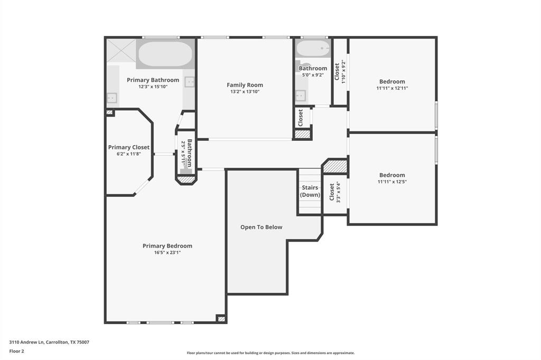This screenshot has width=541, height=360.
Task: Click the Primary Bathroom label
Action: [x=153, y=80]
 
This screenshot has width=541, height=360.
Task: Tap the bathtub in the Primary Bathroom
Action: [x=165, y=54]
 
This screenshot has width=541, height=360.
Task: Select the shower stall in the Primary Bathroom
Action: [x=121, y=51]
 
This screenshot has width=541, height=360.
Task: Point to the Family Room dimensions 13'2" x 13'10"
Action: [x=245, y=92]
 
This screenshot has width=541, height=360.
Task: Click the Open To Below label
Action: [x=261, y=228]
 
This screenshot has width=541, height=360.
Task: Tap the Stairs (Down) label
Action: [x=310, y=191]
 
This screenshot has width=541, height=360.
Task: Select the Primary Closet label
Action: [x=129, y=147]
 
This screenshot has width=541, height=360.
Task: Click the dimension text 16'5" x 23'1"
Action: [x=167, y=253]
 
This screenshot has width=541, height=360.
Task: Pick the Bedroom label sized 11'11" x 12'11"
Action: [x=392, y=82]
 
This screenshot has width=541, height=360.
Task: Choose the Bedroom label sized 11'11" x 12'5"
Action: [x=392, y=175]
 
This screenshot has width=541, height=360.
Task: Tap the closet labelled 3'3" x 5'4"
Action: [x=334, y=193]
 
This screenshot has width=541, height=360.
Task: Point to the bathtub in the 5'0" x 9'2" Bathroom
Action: [x=312, y=49]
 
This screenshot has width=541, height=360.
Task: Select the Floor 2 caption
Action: [x=16, y=351]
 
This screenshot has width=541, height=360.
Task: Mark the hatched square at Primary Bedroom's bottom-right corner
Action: [x=221, y=319]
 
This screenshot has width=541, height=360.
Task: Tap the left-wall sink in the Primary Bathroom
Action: [x=112, y=97]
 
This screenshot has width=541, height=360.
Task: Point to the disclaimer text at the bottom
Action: [x=270, y=353]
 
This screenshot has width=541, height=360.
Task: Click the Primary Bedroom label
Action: [x=167, y=246]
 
